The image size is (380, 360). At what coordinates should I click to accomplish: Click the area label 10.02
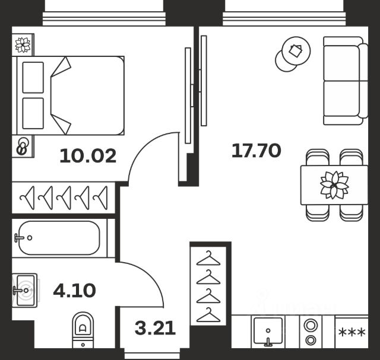coord(88,156)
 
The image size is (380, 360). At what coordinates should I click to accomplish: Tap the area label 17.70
coord(256,151)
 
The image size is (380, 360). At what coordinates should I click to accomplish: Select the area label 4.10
coord(74,291)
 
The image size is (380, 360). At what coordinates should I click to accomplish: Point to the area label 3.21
coord(155,328)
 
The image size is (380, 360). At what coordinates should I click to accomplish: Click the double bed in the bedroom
coord(70,95)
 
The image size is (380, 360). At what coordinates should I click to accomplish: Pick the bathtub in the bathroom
coord(59,238)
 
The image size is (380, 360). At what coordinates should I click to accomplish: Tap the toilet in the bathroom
coord(83,330)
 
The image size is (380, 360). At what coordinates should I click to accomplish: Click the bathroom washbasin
coord(25,290)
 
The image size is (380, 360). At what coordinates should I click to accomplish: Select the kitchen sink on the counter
coord(268,332)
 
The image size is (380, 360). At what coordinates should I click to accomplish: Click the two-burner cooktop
coord(311,332)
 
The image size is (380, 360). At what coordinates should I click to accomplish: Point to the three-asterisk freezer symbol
coord(352,332)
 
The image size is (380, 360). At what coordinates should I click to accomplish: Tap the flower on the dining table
coord(334,185)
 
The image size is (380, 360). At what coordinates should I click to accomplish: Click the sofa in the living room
coord(346,81)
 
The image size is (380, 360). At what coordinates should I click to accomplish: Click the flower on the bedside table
coord(23,45)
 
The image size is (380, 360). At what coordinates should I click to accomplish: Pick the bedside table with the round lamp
coord(23,146)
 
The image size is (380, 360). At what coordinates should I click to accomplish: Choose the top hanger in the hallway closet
coord(208,258)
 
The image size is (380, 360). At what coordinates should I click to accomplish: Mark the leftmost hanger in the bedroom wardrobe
coord(27,198)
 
